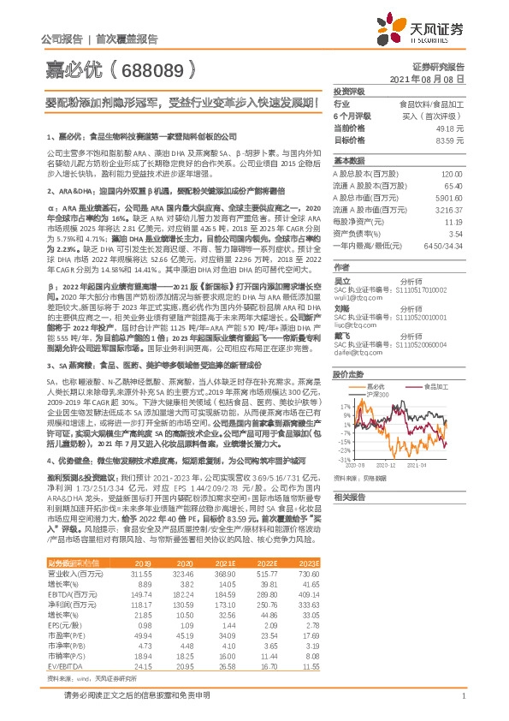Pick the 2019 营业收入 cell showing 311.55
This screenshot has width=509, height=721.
[141, 572]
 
